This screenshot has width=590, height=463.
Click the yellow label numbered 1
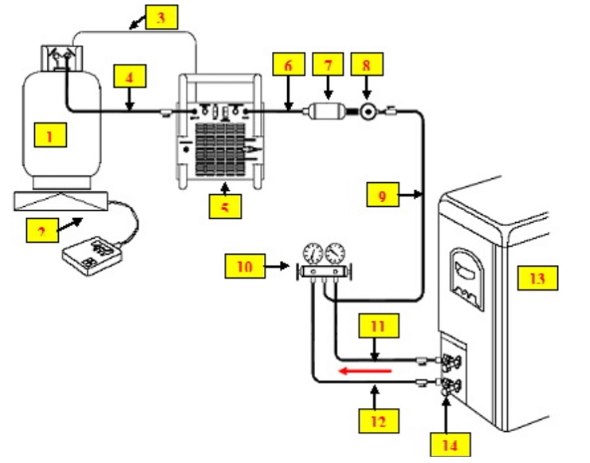pyautogui.click(x=49, y=136)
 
